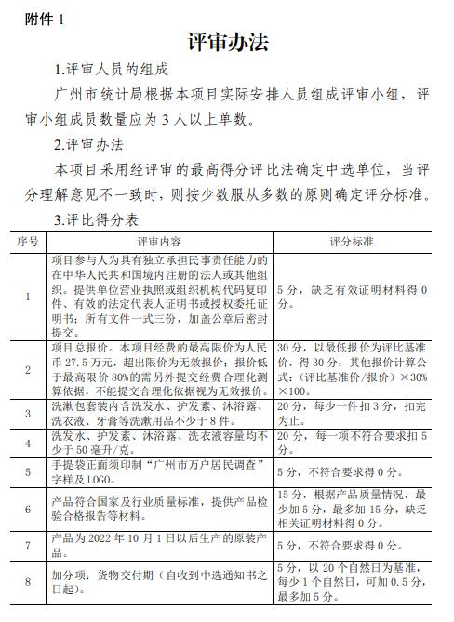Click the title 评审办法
click(227, 43)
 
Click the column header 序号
click(27, 241)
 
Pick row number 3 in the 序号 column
click(27, 413)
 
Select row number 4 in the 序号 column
click(27, 442)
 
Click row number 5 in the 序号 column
click(27, 471)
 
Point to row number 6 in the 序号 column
click(27, 508)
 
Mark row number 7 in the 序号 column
click(27, 545)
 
